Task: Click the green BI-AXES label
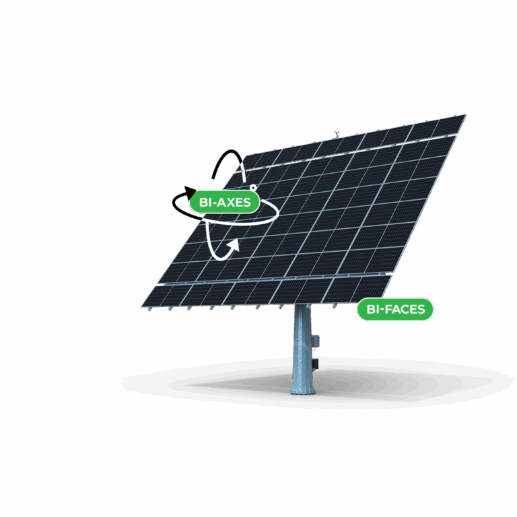pos(225,201)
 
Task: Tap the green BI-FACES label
pos(395,310)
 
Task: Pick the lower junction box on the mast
pos(314,363)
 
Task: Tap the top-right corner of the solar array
pos(464,116)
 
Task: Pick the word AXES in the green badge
pos(234,201)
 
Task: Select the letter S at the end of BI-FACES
pos(421,310)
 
